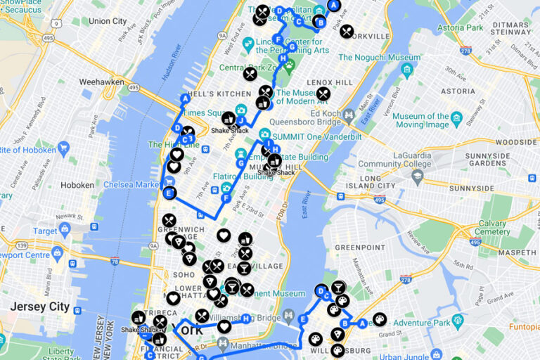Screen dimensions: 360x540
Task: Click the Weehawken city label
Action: pos(101,82)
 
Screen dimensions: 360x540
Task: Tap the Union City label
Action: pos(108,21)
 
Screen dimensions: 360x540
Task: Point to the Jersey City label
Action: pos(39,307)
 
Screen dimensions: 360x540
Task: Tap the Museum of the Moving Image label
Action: pos(420,120)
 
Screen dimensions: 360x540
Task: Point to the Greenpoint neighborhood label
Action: pos(360,247)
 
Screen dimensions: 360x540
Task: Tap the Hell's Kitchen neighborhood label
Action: pos(208,94)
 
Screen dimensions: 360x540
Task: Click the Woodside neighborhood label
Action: pos(516,142)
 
